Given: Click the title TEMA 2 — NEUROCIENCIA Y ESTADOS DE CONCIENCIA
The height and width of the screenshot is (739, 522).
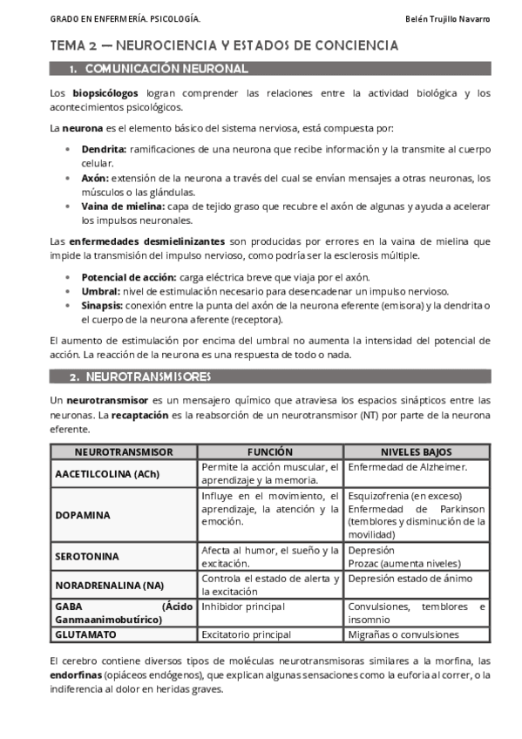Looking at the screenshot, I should point(224,45).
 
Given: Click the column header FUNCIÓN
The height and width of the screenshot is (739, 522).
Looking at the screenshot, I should point(270,452).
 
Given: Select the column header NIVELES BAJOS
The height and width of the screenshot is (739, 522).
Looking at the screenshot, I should point(415,452).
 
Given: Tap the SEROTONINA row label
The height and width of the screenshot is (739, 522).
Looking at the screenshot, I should point(87,556).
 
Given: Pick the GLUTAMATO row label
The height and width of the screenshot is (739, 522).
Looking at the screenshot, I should point(87,635).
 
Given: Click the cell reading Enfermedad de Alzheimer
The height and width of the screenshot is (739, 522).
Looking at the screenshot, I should point(408,468).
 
